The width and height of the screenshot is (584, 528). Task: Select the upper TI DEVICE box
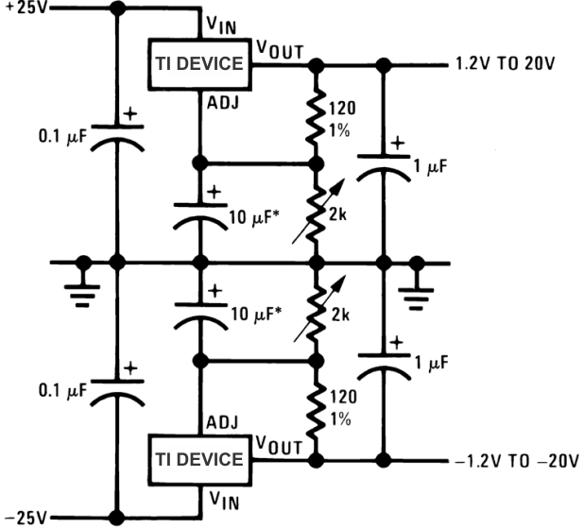(198, 64)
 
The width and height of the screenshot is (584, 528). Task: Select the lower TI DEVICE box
(198, 461)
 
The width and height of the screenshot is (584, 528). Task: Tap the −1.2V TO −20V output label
(511, 461)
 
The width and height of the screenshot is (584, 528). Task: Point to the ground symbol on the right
(415, 287)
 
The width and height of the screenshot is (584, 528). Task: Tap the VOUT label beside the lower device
(279, 445)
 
